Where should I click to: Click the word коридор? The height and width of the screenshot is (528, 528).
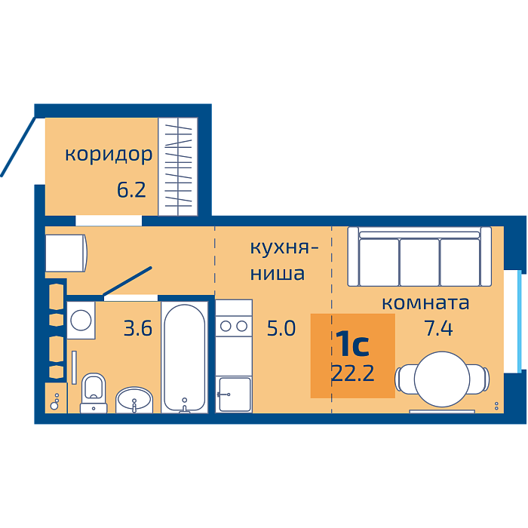tap(109, 155)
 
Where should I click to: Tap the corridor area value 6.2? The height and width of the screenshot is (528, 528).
tap(131, 189)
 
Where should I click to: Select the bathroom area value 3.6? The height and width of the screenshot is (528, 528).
tap(138, 328)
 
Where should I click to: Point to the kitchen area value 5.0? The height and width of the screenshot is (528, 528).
tap(281, 328)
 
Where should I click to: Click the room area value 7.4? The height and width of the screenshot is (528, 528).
tap(438, 328)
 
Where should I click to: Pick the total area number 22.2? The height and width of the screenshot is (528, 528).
tap(352, 373)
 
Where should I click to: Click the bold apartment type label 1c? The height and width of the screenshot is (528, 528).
tap(352, 343)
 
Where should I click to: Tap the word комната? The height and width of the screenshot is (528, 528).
tap(425, 302)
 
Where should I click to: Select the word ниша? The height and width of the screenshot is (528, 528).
tap(278, 273)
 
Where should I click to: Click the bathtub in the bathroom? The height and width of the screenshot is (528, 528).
tap(185, 358)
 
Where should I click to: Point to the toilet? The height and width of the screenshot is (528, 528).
tap(94, 393)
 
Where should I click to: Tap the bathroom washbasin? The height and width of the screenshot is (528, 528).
tap(134, 400)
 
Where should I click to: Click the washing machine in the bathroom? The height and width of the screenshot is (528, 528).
tap(81, 320)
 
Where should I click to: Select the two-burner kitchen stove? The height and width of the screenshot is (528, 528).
tap(234, 326)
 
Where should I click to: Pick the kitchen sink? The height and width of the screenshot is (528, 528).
tap(235, 394)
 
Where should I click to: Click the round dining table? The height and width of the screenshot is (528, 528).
tap(442, 379)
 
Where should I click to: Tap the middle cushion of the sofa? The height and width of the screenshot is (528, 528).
tap(419, 262)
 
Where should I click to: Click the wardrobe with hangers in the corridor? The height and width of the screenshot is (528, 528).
tap(178, 167)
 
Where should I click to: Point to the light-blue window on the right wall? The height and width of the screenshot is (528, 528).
tap(519, 321)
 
